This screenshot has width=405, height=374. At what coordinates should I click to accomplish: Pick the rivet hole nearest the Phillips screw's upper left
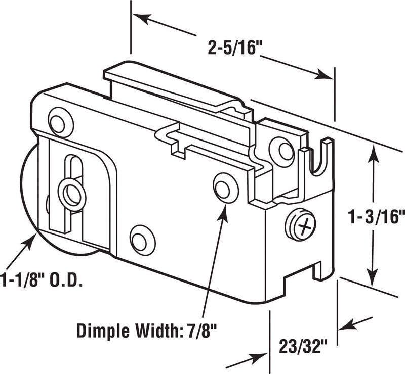(x=281, y=149)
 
